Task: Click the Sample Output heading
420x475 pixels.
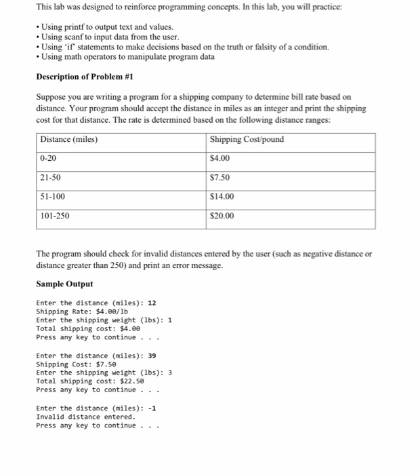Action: click(x=64, y=284)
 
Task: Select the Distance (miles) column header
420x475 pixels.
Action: click(x=69, y=140)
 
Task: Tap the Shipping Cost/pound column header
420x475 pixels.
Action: click(x=247, y=140)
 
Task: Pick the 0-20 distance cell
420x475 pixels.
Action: click(x=49, y=158)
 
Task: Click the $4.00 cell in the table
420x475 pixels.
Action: click(x=221, y=158)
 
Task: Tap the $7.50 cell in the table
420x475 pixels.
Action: click(x=221, y=178)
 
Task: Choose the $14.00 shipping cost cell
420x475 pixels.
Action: click(x=223, y=197)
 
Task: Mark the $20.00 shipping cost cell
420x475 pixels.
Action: click(x=223, y=216)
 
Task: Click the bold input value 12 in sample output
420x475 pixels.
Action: click(x=152, y=303)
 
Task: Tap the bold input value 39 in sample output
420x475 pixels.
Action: click(x=152, y=356)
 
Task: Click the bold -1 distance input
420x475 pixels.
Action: click(x=152, y=408)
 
